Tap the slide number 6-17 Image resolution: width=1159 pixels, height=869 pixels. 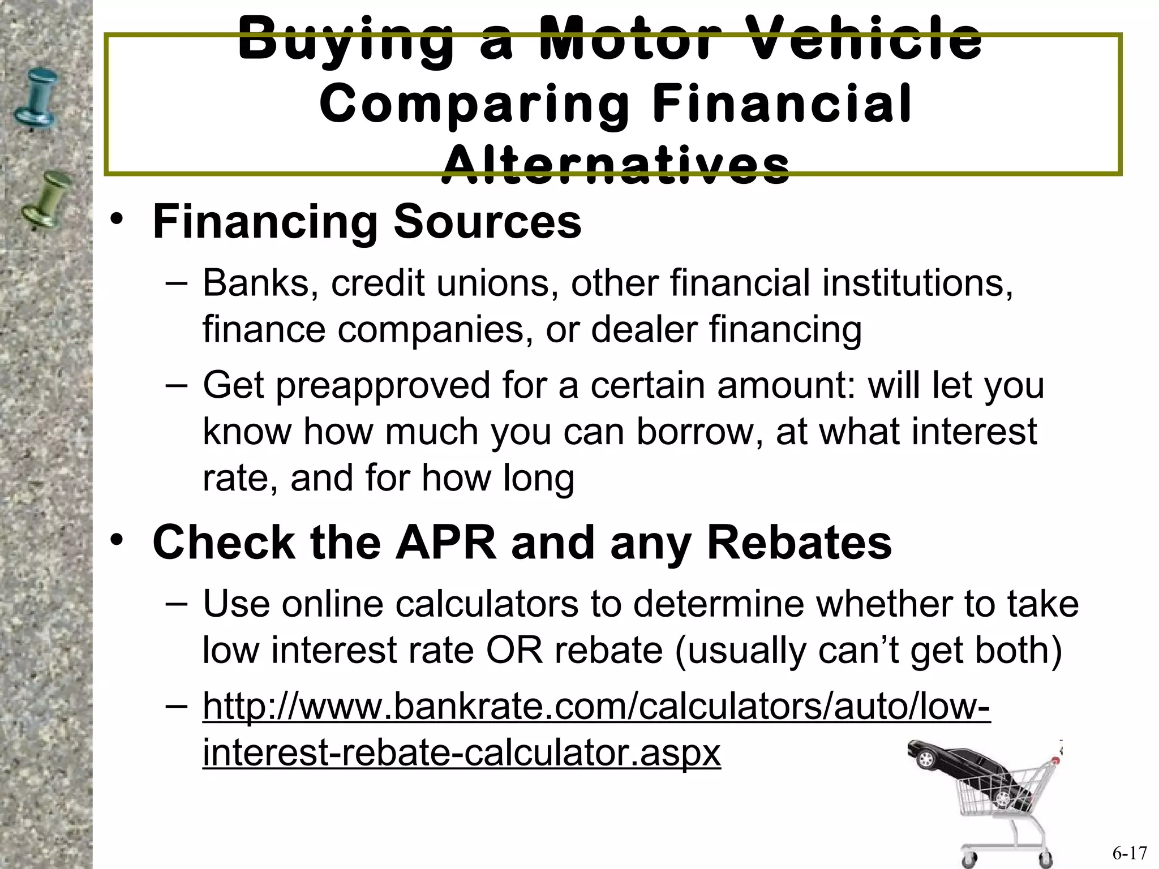(x=1130, y=852)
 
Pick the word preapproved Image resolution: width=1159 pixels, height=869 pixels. (x=383, y=386)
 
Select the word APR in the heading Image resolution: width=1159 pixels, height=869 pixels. (x=445, y=543)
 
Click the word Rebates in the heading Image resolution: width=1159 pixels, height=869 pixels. (x=799, y=543)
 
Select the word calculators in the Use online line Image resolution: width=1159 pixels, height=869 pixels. (x=487, y=604)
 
